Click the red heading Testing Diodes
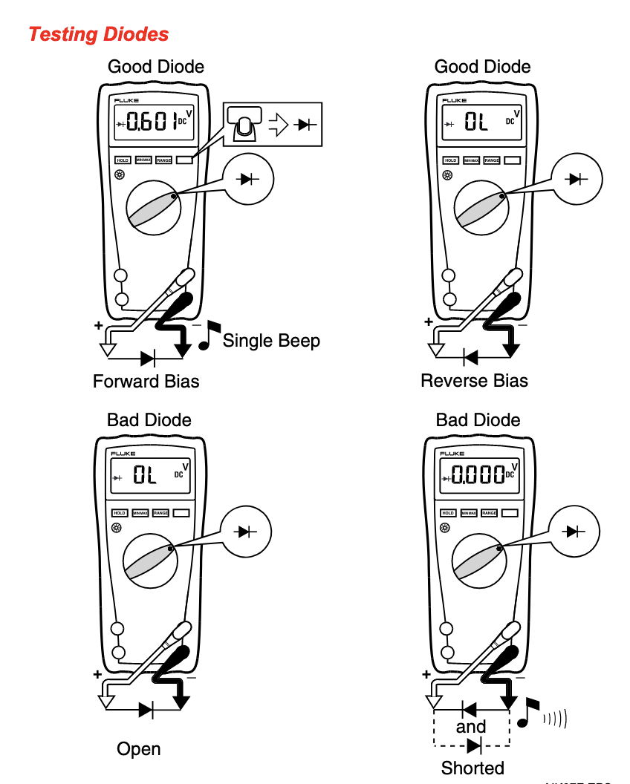click(x=99, y=34)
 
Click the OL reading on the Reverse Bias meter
click(x=475, y=122)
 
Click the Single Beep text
click(x=271, y=341)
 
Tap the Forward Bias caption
click(x=146, y=382)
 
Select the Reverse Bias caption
click(x=474, y=382)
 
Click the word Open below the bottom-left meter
click(x=138, y=749)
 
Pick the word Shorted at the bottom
click(x=472, y=768)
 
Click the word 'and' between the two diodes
click(x=471, y=727)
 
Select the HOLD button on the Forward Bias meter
click(x=123, y=160)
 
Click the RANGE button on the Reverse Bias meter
click(x=492, y=160)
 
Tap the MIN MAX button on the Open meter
click(x=140, y=513)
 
